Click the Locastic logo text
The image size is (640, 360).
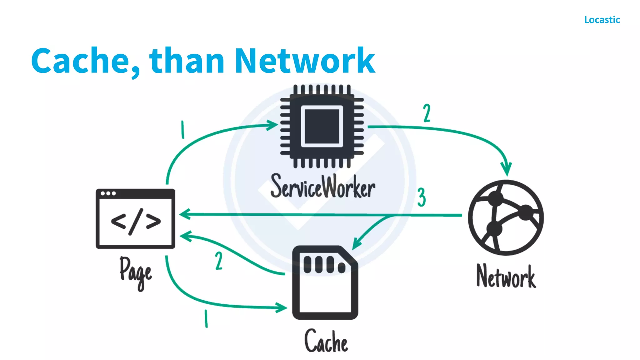click(x=602, y=20)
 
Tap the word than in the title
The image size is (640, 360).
click(x=187, y=61)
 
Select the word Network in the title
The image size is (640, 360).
click(x=305, y=61)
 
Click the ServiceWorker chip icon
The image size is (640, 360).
click(x=322, y=126)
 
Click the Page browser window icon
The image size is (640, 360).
click(x=135, y=218)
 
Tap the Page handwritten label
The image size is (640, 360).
click(x=136, y=272)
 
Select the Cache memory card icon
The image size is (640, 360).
click(x=325, y=283)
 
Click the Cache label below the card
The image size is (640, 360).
click(x=326, y=342)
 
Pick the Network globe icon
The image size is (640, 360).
click(x=506, y=217)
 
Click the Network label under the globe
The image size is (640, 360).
click(x=506, y=277)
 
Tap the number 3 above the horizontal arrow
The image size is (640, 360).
click(x=422, y=197)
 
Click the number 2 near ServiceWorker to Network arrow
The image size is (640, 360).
click(x=427, y=113)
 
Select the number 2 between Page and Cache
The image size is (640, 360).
click(x=219, y=261)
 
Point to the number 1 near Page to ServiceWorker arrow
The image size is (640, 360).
click(x=183, y=130)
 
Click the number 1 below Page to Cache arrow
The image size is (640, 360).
click(x=206, y=318)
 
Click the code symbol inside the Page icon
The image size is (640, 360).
click(x=136, y=222)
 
